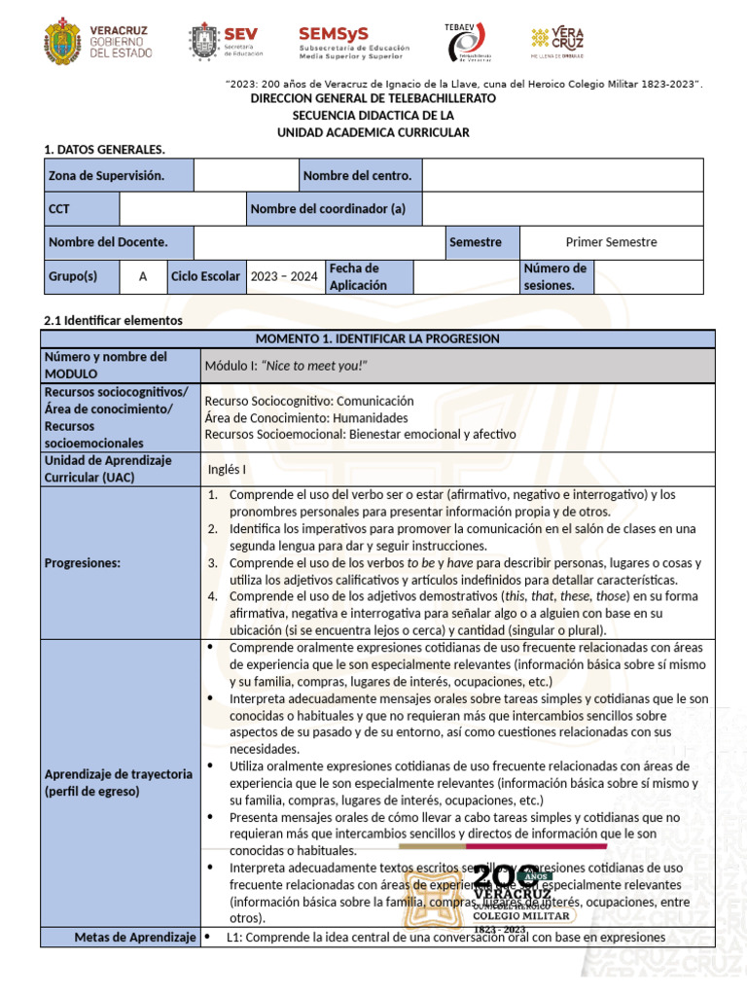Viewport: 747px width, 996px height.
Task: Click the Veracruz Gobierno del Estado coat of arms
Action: [64, 43]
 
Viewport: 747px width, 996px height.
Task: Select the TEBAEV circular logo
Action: [464, 43]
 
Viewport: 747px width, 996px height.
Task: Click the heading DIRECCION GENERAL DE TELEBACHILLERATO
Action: [373, 99]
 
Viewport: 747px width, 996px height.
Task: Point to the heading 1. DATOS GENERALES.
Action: [105, 149]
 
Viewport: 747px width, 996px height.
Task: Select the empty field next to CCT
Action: [183, 209]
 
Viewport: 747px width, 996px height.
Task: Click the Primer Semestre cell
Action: [611, 242]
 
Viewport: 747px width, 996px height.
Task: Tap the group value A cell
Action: [143, 276]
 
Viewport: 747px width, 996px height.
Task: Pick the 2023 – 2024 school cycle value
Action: [284, 276]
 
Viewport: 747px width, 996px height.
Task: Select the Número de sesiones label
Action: [554, 276]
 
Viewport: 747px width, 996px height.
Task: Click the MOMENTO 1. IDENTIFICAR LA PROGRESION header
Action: [376, 338]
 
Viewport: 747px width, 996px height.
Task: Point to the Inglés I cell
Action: [227, 469]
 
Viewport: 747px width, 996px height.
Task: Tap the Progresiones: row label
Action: [83, 563]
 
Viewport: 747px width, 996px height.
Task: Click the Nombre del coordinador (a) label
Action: [329, 209]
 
